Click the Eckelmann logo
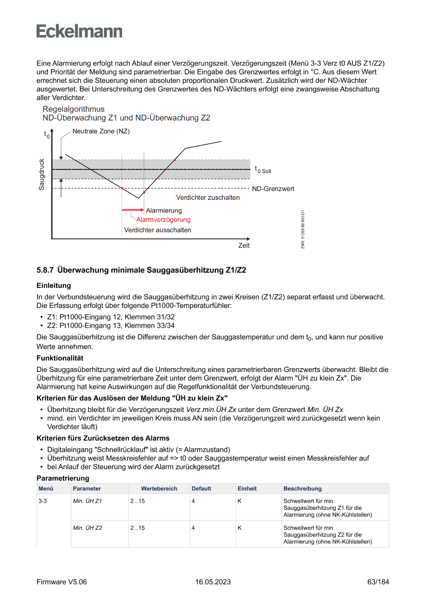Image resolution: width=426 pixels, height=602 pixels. pos(79,31)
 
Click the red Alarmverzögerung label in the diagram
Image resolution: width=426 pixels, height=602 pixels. pos(163,220)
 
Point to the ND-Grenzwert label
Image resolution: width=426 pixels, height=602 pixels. pos(273,189)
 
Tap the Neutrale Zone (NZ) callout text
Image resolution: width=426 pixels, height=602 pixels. pos(101,131)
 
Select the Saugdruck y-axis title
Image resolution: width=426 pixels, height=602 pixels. pos(42,174)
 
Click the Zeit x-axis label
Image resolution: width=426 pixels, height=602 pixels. pos(244,246)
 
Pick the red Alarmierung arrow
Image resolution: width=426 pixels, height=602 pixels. pos(132,211)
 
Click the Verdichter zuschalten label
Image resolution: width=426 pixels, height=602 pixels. pos(208,198)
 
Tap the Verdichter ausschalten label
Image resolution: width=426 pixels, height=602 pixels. pos(158,230)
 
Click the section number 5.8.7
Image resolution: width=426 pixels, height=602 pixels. pos(45,270)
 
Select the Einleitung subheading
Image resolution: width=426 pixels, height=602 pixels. pos(54,285)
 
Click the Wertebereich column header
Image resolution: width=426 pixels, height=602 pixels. pos(159,489)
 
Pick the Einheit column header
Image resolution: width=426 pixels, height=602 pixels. pos(247,489)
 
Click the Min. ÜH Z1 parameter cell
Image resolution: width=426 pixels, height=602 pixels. pos(88,501)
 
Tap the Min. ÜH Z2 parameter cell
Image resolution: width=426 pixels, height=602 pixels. pos(88,528)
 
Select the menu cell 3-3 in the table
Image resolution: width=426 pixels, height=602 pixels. pos(43,501)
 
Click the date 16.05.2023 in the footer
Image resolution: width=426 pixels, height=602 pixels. pos(213,582)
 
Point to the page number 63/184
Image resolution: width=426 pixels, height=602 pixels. pos(378,582)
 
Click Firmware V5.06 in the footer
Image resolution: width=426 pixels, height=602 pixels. pos(62,582)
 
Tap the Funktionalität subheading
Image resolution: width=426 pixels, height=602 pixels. pos(60,358)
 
